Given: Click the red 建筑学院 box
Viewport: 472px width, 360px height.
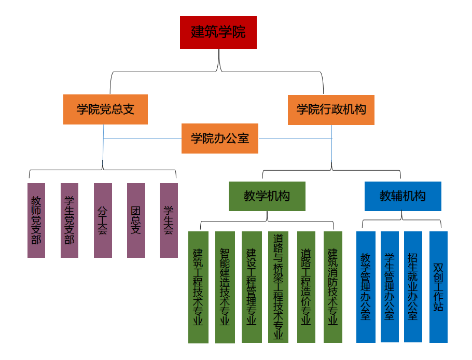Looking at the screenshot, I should click(x=218, y=32).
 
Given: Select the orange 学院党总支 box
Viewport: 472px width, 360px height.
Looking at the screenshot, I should click(x=105, y=109).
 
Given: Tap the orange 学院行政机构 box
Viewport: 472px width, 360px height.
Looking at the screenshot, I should click(x=331, y=109).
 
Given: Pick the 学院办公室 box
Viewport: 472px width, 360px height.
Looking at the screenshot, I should click(x=220, y=139).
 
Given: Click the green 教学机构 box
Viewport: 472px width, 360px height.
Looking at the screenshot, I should click(x=267, y=196).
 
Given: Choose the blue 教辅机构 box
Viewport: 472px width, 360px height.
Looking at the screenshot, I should click(x=402, y=196).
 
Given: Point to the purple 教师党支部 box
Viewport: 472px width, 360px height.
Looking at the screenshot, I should click(x=36, y=220).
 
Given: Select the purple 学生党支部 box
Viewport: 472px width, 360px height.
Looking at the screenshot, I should click(x=70, y=220).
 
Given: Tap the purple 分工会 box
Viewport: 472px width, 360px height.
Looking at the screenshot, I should click(x=103, y=220).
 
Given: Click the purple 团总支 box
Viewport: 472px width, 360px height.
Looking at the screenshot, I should click(x=136, y=220).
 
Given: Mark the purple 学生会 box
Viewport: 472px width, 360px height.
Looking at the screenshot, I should click(x=169, y=220).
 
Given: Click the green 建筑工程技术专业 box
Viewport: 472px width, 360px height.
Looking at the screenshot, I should click(x=198, y=287).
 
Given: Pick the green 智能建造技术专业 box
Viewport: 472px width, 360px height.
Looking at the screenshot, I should click(x=225, y=287).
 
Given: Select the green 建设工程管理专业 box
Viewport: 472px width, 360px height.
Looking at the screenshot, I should click(x=252, y=287).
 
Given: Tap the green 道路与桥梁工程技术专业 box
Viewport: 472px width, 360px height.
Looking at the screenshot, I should click(x=279, y=287).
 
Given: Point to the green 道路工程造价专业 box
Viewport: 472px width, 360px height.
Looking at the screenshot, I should click(x=306, y=287).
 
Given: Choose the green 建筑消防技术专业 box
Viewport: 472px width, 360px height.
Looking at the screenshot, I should click(x=333, y=287).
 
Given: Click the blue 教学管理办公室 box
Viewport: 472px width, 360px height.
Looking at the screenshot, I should click(x=366, y=287).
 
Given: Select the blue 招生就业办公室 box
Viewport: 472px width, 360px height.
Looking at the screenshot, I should click(x=413, y=287).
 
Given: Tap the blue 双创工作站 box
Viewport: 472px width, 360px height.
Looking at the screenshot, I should click(x=438, y=287).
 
